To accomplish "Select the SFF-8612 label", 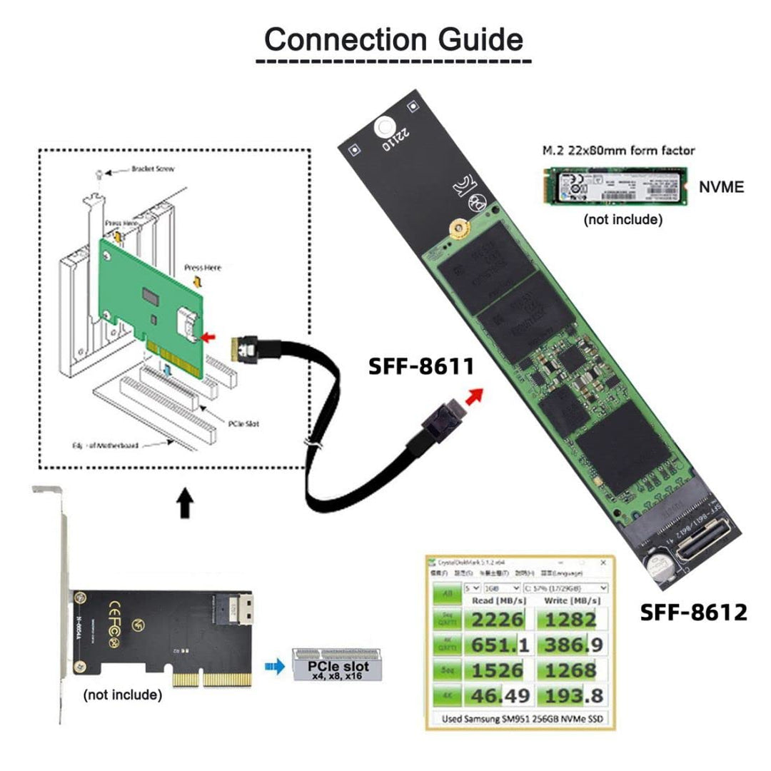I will coord(692,612).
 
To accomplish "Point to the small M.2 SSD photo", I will coord(613,186).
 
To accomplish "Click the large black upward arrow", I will coord(186,503).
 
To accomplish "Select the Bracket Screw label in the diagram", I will coord(153,170).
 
